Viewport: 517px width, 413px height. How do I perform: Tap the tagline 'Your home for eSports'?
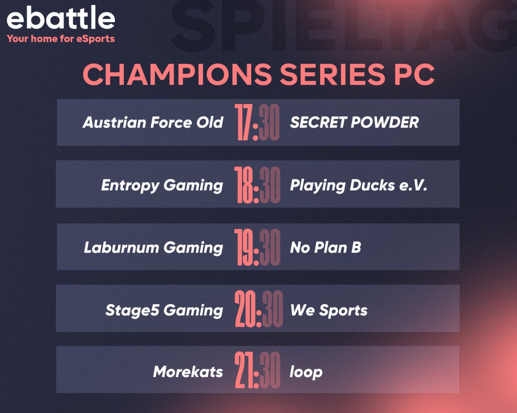point(61,39)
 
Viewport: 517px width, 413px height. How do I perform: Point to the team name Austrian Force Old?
point(153,123)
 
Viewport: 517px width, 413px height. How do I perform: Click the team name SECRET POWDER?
point(354,123)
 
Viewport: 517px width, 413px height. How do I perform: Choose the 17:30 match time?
point(257,123)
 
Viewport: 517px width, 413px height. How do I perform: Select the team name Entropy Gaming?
point(162,185)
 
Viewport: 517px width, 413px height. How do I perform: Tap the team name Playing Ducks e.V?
point(358,185)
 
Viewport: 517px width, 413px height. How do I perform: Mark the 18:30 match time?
point(257,185)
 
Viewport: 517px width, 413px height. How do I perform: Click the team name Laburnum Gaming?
point(153,247)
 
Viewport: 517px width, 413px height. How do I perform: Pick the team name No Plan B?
point(326,247)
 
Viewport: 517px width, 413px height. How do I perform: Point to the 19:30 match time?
point(257,247)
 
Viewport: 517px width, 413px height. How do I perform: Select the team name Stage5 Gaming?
point(164,310)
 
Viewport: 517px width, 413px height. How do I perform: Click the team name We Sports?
point(329,310)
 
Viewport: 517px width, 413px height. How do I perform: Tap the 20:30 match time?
point(257,310)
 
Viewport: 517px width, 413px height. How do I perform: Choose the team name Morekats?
point(188,372)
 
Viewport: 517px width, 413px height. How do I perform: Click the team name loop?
point(306,372)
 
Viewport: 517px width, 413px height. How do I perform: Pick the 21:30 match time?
point(257,372)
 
